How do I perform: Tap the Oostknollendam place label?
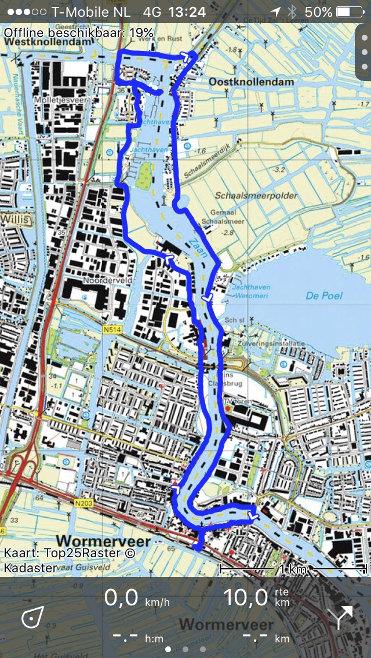click(x=252, y=82)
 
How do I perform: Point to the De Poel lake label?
click(x=324, y=295)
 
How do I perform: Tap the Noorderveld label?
click(x=108, y=280)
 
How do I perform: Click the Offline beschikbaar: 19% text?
click(x=78, y=32)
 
